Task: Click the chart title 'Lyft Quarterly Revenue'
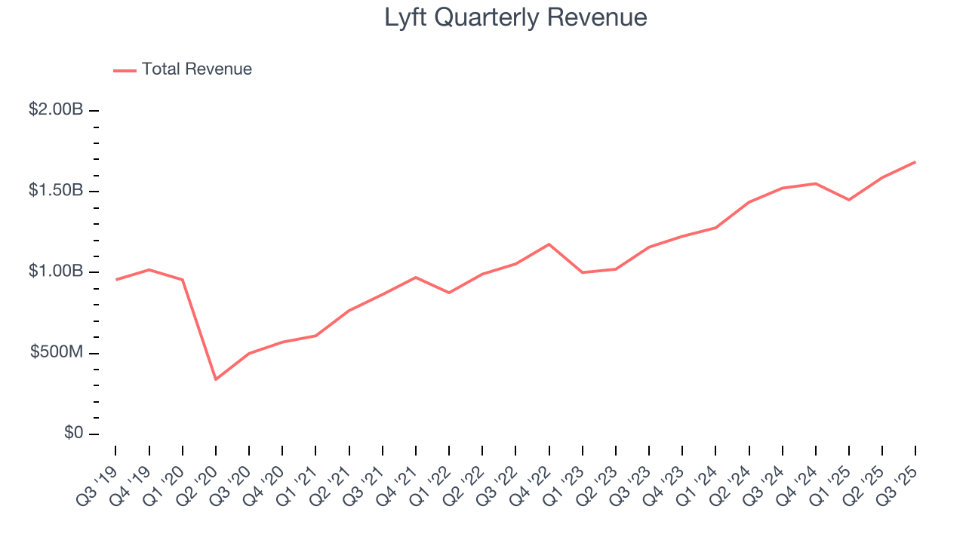click(x=515, y=17)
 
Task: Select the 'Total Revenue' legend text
click(x=196, y=69)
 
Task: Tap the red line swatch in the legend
click(x=125, y=70)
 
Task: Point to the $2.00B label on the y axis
click(x=56, y=110)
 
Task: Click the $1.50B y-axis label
click(x=56, y=191)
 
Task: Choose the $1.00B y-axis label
click(x=56, y=271)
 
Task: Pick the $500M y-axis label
click(x=58, y=353)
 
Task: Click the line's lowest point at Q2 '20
click(x=216, y=379)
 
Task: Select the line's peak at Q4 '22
click(x=549, y=244)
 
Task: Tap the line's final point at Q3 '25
click(x=915, y=162)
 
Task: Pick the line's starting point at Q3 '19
click(x=116, y=280)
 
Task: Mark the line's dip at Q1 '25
click(x=849, y=200)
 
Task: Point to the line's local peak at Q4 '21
click(x=416, y=278)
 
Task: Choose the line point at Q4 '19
click(x=149, y=269)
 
